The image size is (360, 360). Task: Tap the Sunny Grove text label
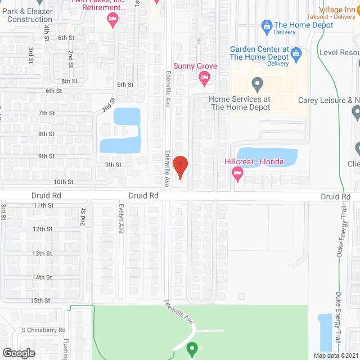coord(195,66)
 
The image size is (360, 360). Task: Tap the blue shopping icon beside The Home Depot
coord(267,25)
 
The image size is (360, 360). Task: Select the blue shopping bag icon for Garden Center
coord(296,53)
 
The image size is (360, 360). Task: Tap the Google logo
coord(19,353)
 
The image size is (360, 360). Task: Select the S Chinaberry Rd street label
coord(44,330)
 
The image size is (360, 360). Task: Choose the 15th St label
coord(41,300)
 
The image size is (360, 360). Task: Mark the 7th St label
coord(46,113)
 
